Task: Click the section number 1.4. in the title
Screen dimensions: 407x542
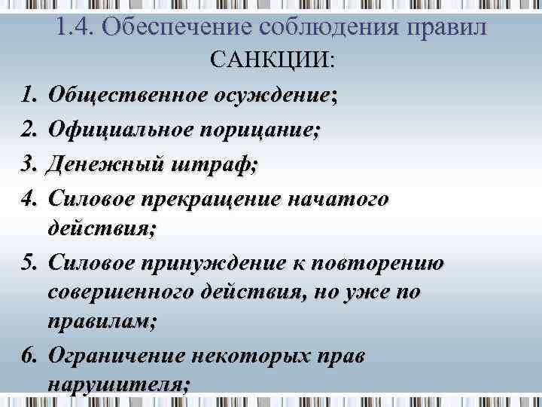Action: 75,27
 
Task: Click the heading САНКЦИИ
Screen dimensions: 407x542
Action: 271,60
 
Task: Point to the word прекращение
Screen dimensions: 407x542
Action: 216,198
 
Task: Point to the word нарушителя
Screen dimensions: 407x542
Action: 117,384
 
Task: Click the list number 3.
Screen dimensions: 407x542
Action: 29,164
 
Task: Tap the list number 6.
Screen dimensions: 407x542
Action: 29,355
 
